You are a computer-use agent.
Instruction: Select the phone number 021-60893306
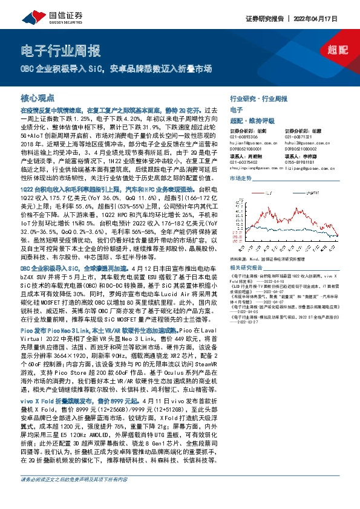(245, 136)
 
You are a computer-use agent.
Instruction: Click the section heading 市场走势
(240, 180)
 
